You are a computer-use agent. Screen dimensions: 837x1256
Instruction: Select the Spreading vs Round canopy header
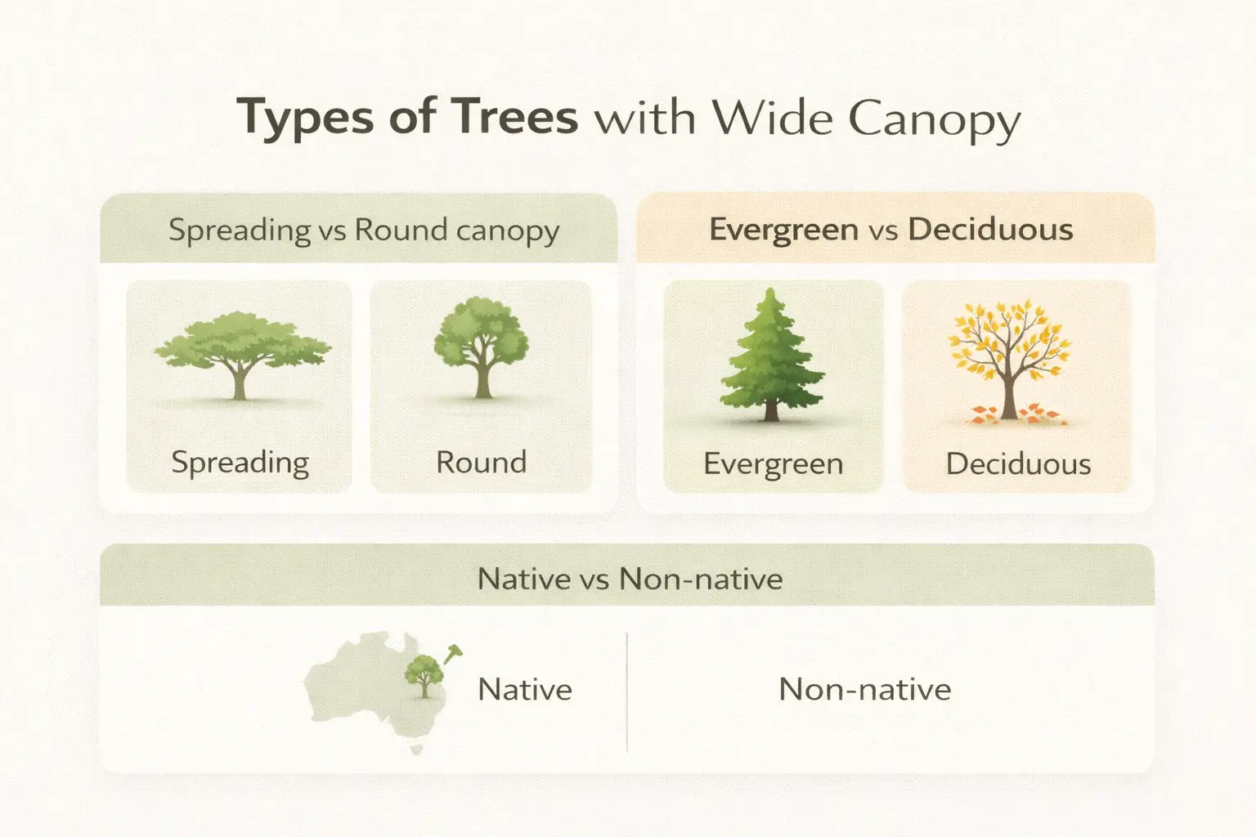(x=364, y=230)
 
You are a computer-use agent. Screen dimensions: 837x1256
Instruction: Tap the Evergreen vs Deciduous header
(x=891, y=230)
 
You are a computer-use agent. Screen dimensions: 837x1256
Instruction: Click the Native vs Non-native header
(x=630, y=579)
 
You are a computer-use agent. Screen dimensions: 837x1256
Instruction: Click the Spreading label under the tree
(x=240, y=463)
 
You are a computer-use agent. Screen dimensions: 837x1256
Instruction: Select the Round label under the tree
(x=481, y=463)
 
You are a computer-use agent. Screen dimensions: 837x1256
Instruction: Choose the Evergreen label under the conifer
(x=773, y=464)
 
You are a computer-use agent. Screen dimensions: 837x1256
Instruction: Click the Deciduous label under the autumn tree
(x=1018, y=464)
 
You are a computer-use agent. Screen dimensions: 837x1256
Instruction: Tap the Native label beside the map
(x=525, y=689)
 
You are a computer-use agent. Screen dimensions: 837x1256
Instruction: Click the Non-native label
(x=865, y=689)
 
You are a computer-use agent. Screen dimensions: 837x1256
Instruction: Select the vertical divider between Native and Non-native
(x=626, y=691)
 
